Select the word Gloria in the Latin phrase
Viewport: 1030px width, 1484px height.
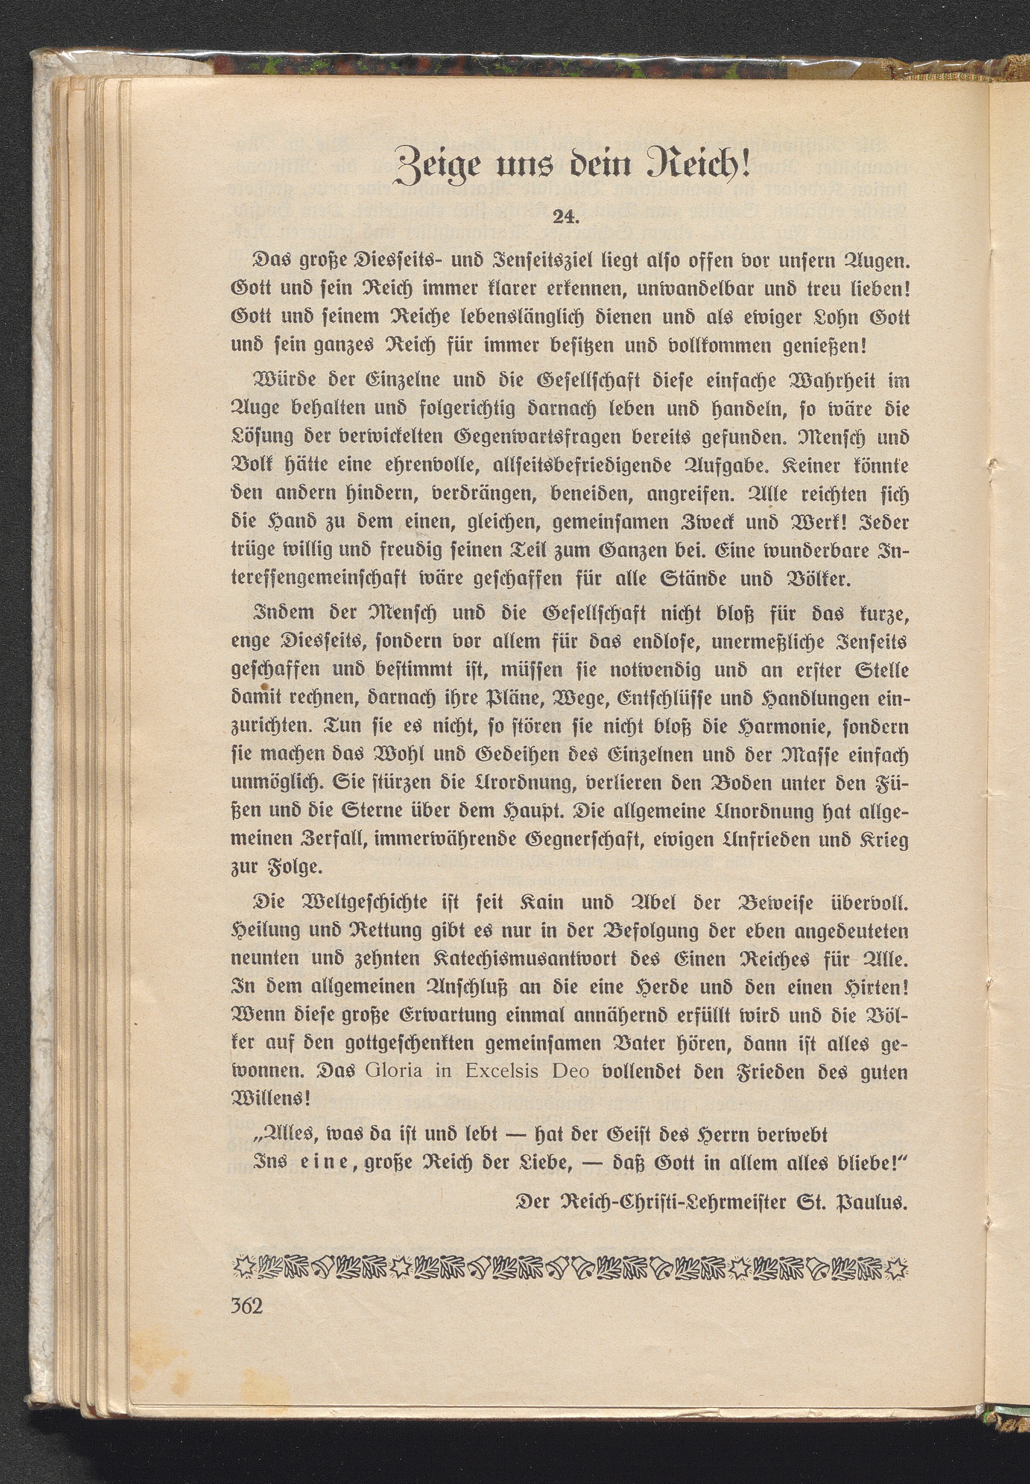(x=393, y=1071)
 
